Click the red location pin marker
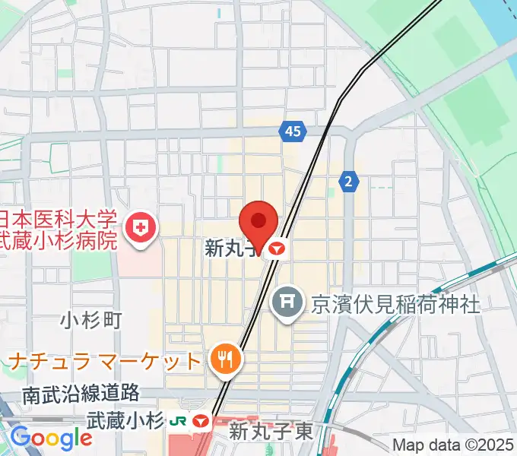(258, 222)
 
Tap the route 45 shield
(293, 131)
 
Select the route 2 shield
(348, 181)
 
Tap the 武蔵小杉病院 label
(59, 242)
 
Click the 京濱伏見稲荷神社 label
(395, 304)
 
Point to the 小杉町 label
(91, 320)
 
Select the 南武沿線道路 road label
(81, 394)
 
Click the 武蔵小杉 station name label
(125, 420)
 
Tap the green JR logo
(180, 420)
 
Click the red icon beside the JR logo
(201, 420)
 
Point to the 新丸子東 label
(271, 432)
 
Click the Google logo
(52, 439)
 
